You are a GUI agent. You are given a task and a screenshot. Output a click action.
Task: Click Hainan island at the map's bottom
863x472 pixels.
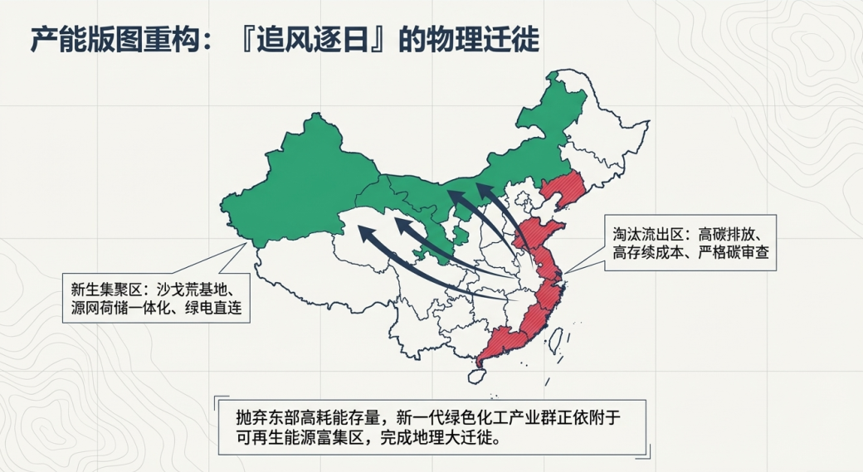pyautogui.click(x=476, y=375)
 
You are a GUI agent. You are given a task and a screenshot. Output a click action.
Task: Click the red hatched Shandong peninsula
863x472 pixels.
pyautogui.click(x=549, y=233)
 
